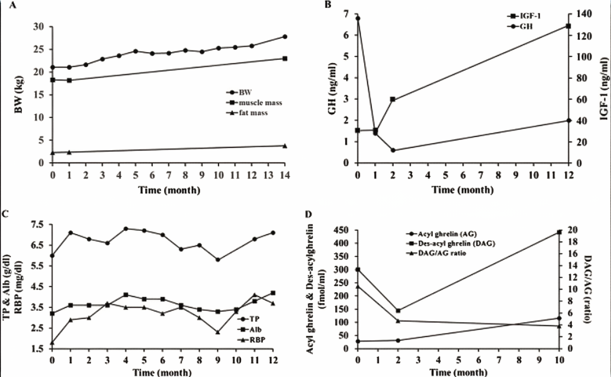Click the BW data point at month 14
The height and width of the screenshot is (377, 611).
tap(285, 37)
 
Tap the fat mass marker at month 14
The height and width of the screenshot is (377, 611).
tap(285, 146)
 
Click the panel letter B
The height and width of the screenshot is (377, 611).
tap(328, 5)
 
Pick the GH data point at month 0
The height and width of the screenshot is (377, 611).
tap(358, 18)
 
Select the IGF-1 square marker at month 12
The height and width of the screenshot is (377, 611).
tap(568, 26)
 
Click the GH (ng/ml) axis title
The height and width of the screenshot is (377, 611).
tap(332, 88)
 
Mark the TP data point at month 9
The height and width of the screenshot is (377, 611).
tap(218, 260)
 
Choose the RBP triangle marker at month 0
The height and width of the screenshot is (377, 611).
tap(52, 343)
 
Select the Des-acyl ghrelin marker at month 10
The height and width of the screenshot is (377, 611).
tap(559, 232)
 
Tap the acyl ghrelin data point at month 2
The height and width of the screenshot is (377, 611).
tap(398, 340)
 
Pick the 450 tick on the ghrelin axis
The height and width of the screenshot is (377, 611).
tap(342, 230)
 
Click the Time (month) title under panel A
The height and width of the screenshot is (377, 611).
tap(169, 190)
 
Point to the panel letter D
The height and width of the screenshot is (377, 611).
tap(308, 214)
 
